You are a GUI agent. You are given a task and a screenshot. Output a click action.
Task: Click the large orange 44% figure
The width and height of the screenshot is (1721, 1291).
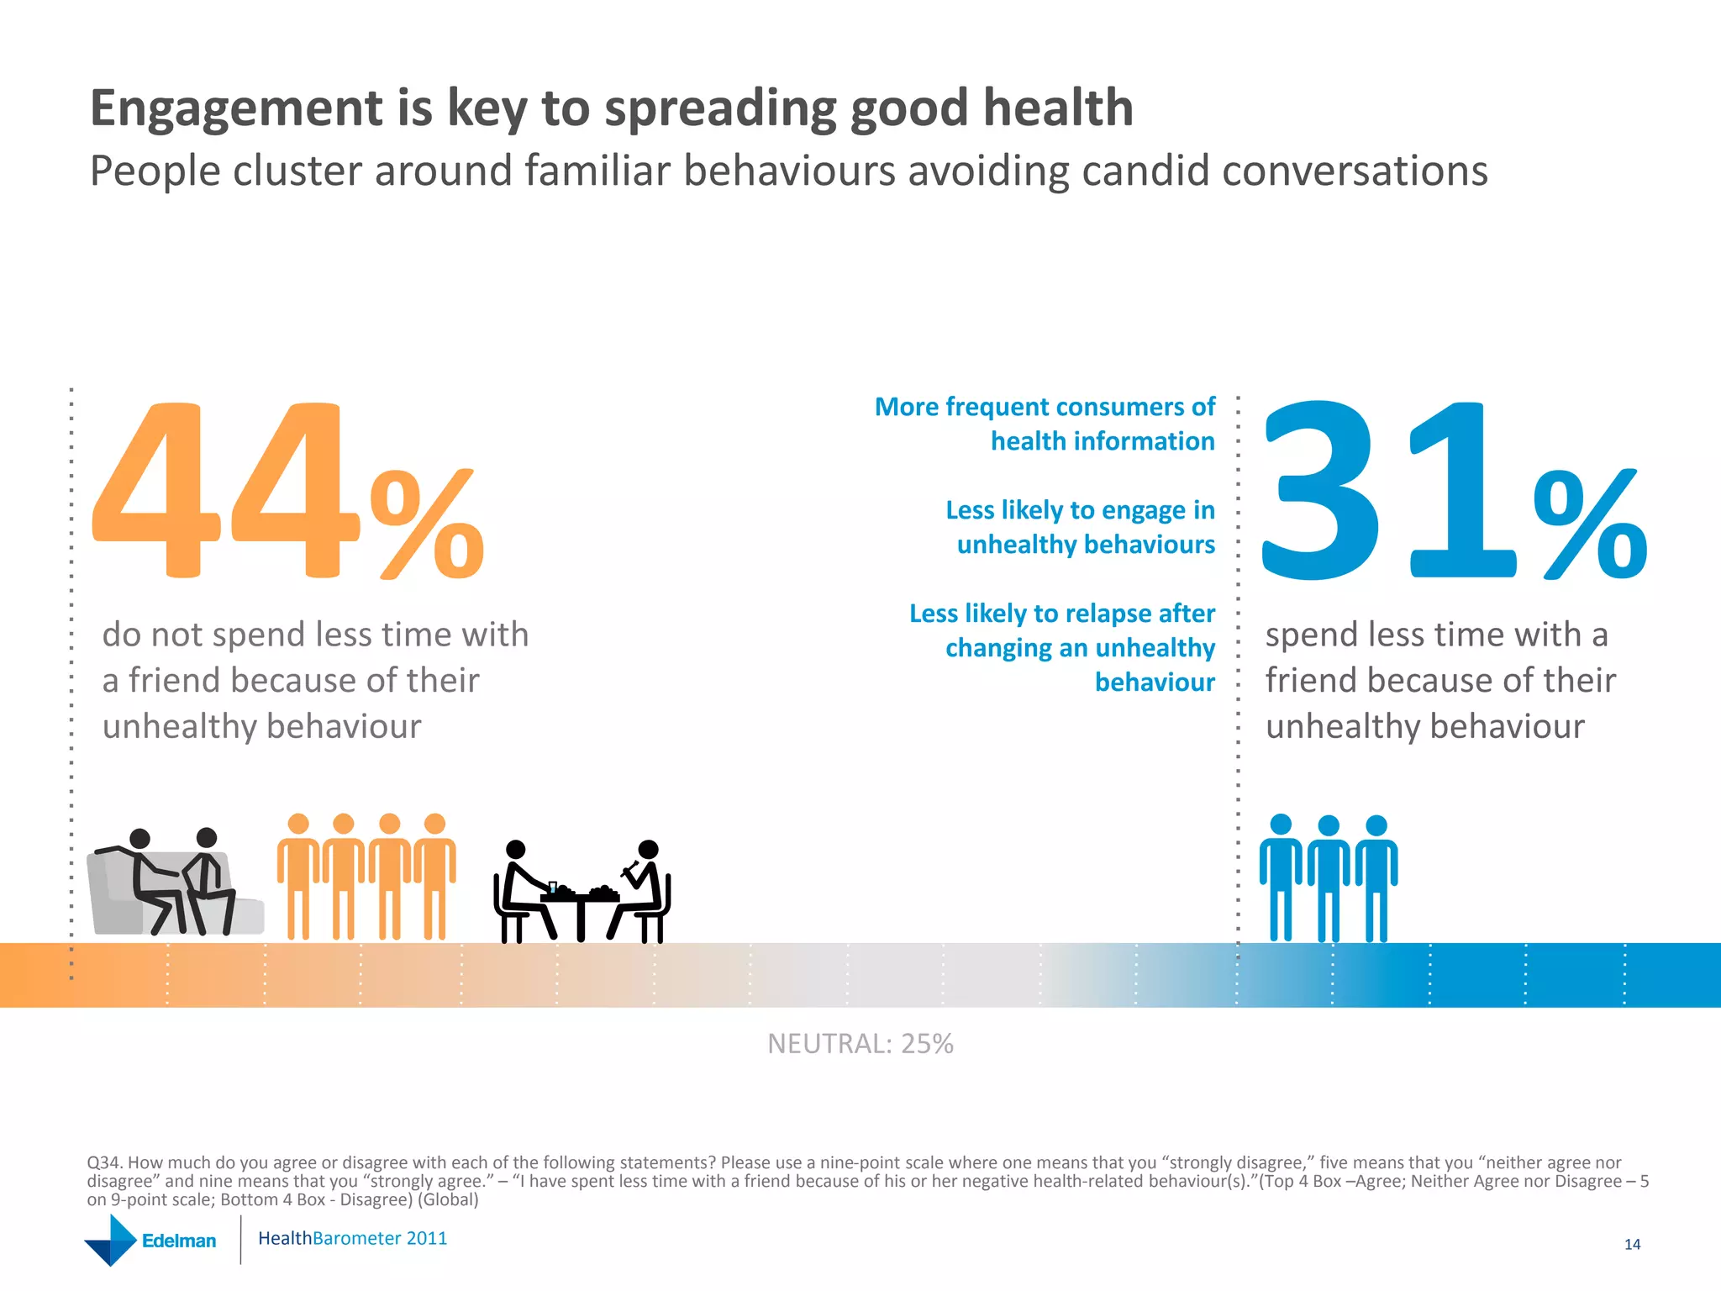(286, 496)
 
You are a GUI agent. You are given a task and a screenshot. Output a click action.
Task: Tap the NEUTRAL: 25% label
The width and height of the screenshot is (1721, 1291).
(860, 1044)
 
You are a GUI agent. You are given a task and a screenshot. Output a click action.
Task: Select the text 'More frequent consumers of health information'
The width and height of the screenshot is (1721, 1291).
(1045, 424)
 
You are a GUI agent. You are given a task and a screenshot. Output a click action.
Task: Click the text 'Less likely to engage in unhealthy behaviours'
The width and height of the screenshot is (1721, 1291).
(1081, 527)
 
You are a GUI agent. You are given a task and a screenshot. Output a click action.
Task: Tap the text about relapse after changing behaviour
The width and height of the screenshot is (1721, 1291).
(1064, 647)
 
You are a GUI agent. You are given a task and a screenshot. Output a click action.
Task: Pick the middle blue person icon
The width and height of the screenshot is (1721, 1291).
(1329, 878)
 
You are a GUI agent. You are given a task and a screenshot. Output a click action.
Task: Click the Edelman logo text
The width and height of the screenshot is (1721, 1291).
(178, 1241)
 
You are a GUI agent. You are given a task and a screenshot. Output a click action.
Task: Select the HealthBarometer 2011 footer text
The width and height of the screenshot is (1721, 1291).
(352, 1239)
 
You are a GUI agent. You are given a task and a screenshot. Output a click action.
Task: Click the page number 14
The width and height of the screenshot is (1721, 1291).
(1632, 1245)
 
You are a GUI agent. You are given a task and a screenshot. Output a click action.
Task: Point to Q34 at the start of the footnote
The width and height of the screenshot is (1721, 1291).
(104, 1163)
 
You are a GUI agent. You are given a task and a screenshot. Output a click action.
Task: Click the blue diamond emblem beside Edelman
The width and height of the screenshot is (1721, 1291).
(110, 1241)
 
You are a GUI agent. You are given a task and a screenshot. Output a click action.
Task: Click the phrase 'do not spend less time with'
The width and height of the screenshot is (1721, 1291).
(315, 635)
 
